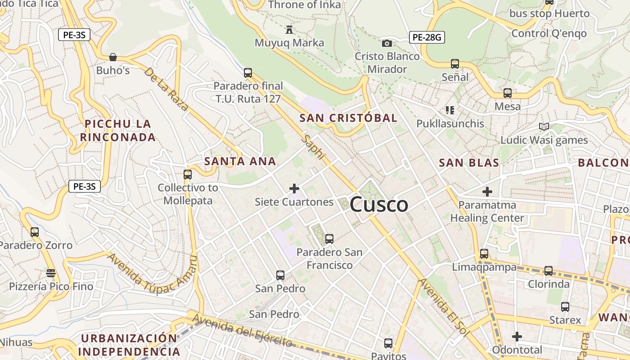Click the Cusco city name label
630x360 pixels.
point(379,205)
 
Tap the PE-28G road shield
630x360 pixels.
point(427,37)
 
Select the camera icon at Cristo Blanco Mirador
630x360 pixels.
point(387,43)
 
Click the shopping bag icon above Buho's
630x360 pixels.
point(113,57)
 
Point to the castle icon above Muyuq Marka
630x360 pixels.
point(289,30)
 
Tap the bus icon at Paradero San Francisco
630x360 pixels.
point(329,238)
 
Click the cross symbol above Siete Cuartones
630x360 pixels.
point(294,189)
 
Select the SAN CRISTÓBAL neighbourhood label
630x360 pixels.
point(348,118)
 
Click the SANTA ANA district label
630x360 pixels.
point(240,162)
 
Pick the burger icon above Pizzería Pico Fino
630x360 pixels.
point(51,273)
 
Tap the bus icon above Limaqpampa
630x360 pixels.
point(484,254)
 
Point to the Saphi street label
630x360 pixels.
point(314,147)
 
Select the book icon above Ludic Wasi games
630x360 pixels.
point(544,127)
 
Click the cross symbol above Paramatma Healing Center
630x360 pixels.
point(487,192)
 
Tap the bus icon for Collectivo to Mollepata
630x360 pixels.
point(188,174)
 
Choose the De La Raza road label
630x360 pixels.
point(166,89)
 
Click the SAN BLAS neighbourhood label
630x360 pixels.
point(469,163)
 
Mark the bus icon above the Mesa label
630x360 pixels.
point(508,93)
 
